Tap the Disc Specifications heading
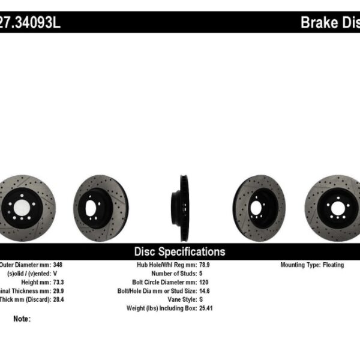point(179,252)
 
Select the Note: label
point(21,319)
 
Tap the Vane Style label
point(181,298)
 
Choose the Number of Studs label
point(173,273)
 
